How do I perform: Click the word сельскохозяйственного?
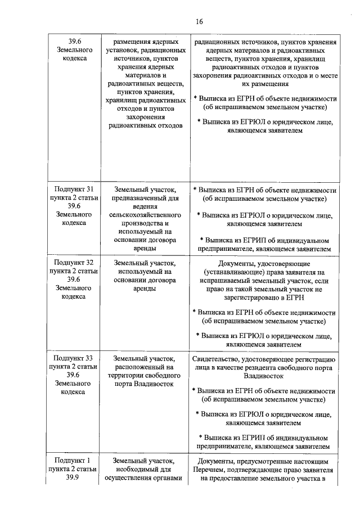146,215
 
